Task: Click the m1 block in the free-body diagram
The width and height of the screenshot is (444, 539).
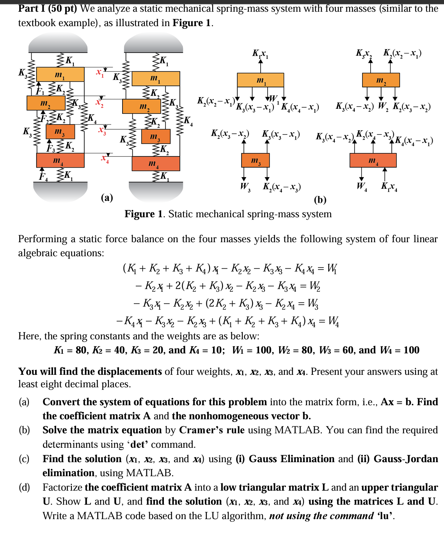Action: (260, 80)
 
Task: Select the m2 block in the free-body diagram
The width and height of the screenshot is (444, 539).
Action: (381, 80)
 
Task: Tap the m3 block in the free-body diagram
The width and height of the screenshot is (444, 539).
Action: (255, 160)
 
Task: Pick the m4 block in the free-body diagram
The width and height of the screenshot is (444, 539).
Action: (373, 160)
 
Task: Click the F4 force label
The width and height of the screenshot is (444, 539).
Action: (43, 177)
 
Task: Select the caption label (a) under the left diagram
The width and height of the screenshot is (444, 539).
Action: (107, 198)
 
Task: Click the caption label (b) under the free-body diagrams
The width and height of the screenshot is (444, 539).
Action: (320, 200)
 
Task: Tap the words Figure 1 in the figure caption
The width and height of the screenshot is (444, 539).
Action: (144, 214)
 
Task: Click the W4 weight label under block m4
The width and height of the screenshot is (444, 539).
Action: (362, 186)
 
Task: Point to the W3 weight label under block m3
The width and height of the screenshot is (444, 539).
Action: (245, 186)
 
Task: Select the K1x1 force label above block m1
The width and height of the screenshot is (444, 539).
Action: (260, 54)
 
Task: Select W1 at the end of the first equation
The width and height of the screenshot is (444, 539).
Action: (332, 268)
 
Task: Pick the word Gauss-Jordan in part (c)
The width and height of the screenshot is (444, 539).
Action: (406, 459)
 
